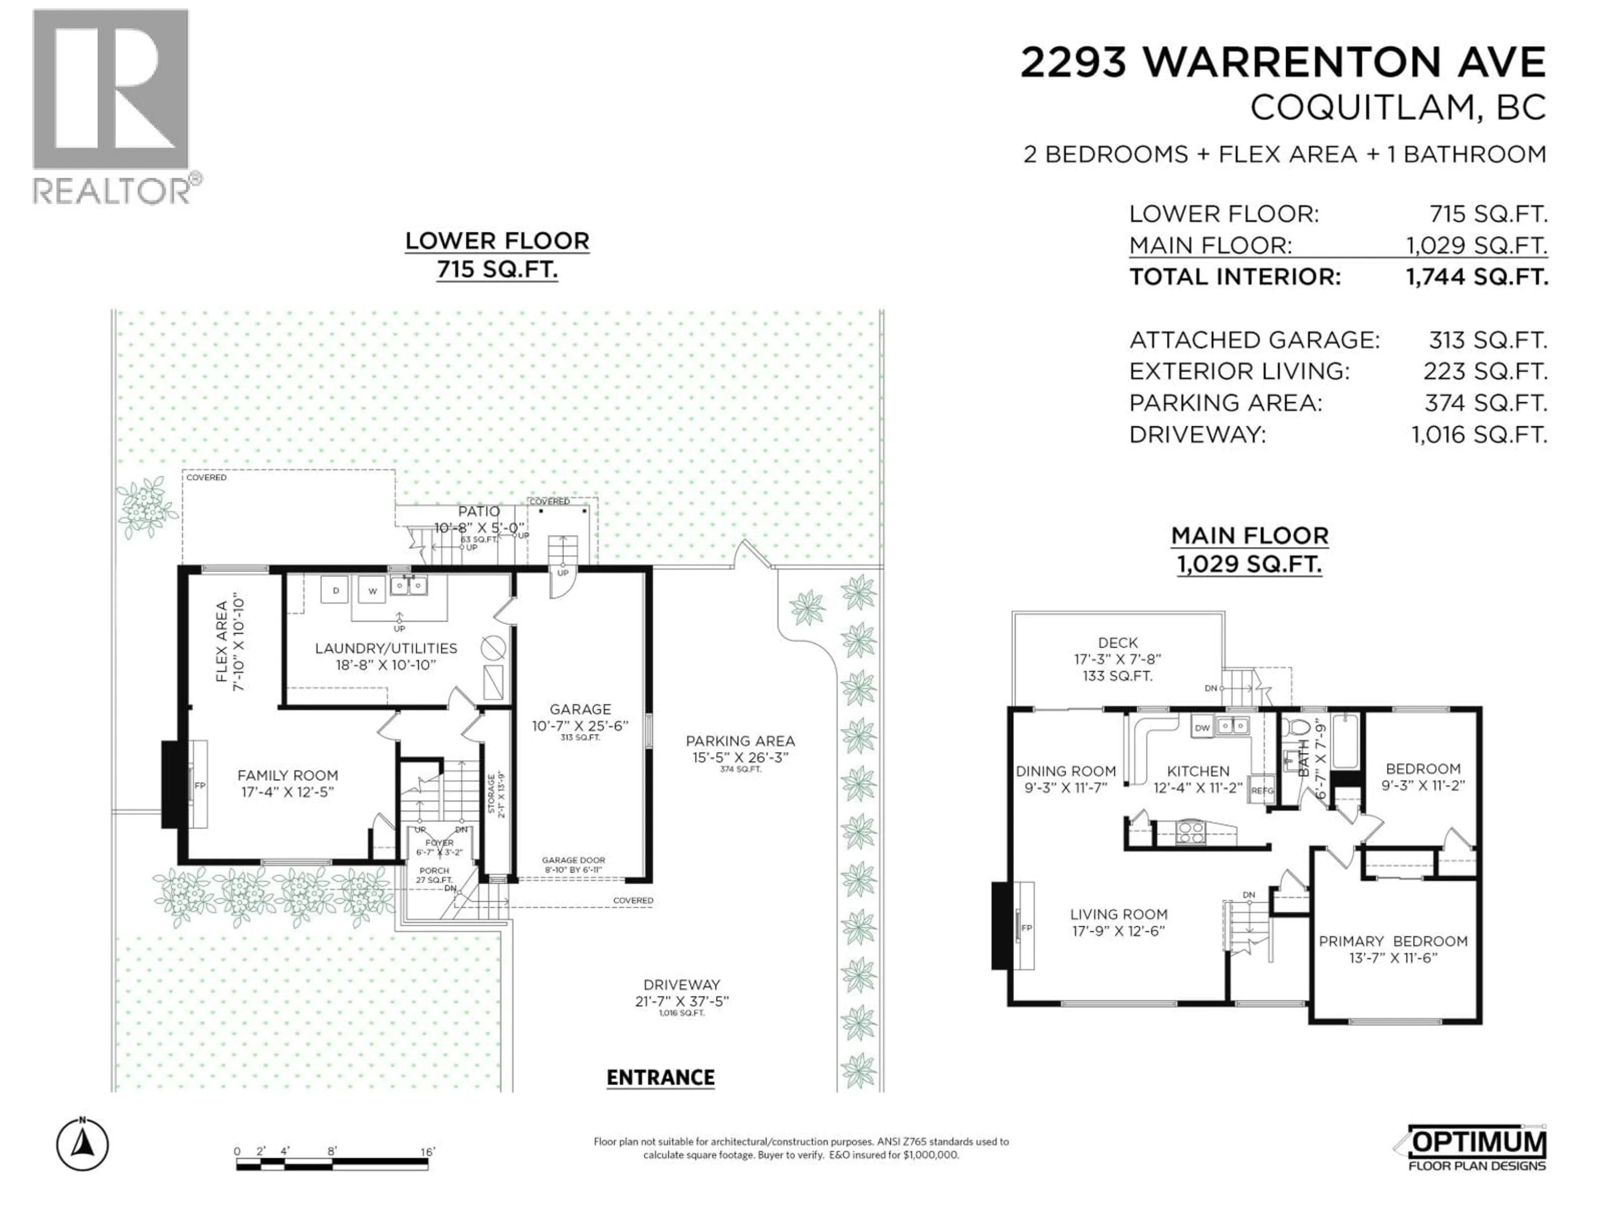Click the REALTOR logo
point(115,106)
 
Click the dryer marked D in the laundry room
point(336,590)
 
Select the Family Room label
point(288,783)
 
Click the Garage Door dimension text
point(573,864)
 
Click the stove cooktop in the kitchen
point(1190,832)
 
